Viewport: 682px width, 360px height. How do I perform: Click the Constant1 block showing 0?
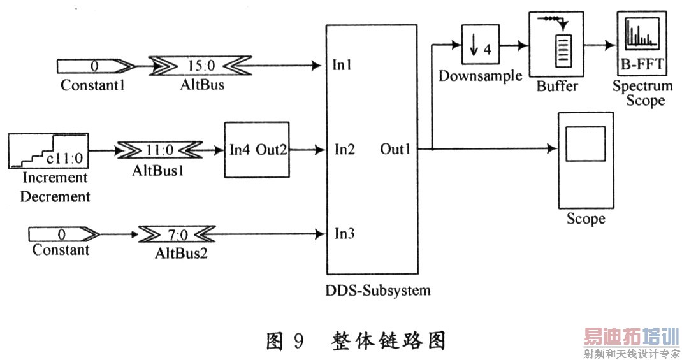[x=95, y=65]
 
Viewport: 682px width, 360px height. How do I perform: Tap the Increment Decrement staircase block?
[x=48, y=150]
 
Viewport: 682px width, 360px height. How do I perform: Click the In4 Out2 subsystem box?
[x=256, y=150]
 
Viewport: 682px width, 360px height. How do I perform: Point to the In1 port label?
[x=343, y=65]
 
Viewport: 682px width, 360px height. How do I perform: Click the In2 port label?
[x=344, y=150]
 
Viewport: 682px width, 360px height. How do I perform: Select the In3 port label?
[x=344, y=233]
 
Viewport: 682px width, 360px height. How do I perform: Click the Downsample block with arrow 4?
[x=479, y=46]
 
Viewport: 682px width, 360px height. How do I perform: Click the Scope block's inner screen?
[x=585, y=145]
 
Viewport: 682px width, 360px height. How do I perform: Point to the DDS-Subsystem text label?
[x=377, y=291]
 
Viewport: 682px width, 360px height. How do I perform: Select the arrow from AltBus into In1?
[x=280, y=65]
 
